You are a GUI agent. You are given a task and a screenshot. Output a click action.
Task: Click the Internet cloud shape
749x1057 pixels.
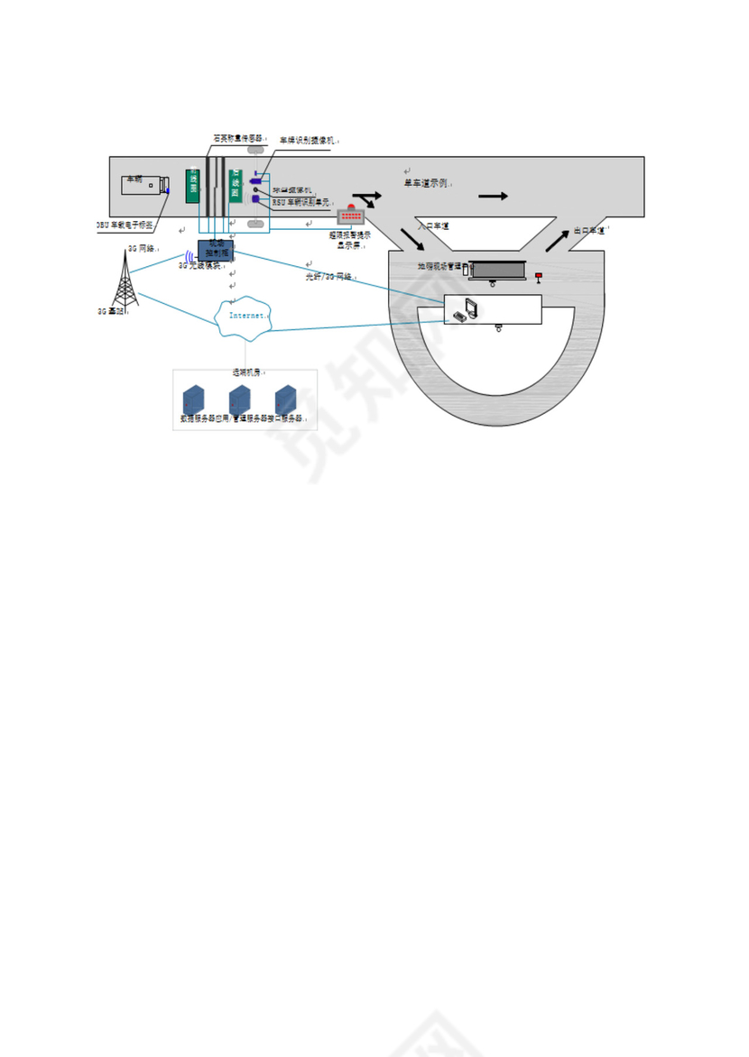[x=244, y=317]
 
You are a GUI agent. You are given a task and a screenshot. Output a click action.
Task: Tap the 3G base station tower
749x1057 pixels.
[x=125, y=280]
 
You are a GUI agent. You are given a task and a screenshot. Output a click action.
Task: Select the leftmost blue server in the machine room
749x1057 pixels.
[x=193, y=400]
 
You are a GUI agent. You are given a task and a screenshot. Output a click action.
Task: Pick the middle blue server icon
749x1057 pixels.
[x=239, y=400]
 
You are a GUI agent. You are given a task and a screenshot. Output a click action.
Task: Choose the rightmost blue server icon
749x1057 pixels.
[x=286, y=400]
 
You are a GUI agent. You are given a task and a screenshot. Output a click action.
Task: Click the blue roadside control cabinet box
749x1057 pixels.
[x=216, y=250]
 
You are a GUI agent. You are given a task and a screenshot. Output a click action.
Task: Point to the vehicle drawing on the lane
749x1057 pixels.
[x=144, y=185]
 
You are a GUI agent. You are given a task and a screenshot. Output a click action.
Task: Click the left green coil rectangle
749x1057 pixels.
[x=192, y=185]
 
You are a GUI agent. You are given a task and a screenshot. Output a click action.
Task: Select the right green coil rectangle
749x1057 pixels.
[x=236, y=185]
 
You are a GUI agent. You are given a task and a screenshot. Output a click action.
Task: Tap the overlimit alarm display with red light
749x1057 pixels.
[x=350, y=216]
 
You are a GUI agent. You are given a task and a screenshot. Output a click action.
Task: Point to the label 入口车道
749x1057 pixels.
[x=434, y=226]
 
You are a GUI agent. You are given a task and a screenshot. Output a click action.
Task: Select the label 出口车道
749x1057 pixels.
[x=589, y=231]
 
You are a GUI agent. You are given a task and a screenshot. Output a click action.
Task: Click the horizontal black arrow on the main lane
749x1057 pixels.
[x=493, y=196]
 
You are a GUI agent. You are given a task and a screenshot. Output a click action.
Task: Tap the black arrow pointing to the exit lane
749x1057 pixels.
[x=556, y=241]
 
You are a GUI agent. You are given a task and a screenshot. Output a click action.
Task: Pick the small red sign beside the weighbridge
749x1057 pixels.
[x=539, y=276]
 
